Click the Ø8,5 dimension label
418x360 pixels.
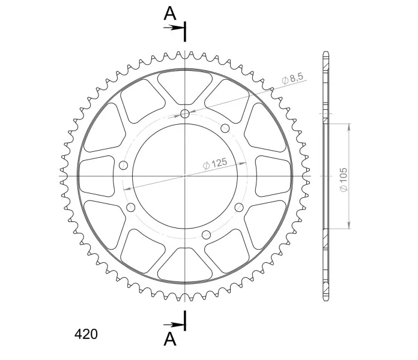(292, 78)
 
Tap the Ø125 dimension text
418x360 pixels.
(215, 163)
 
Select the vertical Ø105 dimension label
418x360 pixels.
(344, 179)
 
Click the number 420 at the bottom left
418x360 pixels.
(86, 334)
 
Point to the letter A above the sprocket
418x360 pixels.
(170, 13)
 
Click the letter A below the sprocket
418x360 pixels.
(170, 339)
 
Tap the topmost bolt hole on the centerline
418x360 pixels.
(185, 114)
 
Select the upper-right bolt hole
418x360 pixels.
(225, 128)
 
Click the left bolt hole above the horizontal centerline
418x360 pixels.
(123, 166)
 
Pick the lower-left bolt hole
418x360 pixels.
(131, 207)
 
